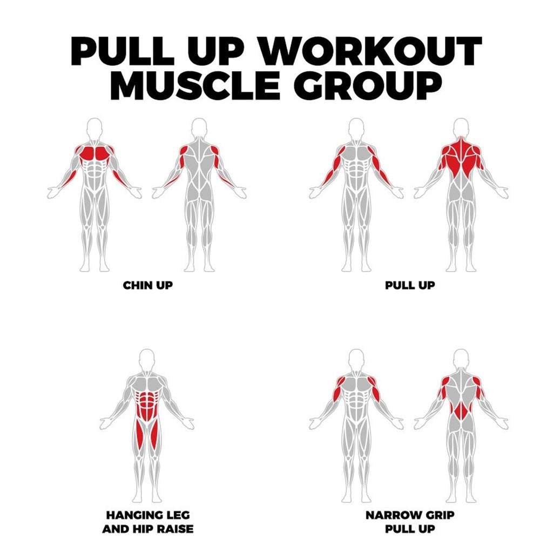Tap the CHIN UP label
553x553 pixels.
[x=148, y=285]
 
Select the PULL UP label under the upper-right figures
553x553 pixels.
[x=410, y=285]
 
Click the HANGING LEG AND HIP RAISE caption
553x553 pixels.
[x=148, y=522]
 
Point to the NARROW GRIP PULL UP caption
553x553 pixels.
[x=410, y=522]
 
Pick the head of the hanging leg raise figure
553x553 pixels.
[x=147, y=359]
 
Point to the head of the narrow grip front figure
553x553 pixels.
[x=356, y=359]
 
